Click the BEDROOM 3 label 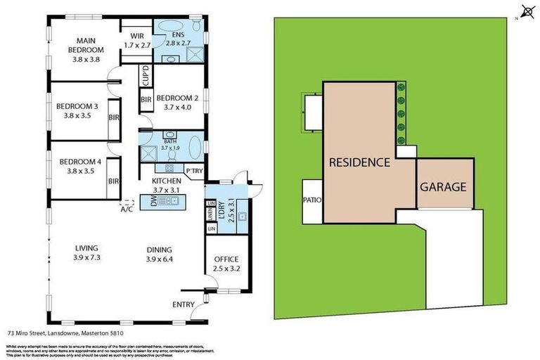point(77,111)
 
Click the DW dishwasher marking point(154,202)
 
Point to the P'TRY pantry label point(193,171)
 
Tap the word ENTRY point(184,304)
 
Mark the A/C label point(127,209)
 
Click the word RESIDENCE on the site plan point(359,162)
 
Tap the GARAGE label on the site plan point(443,188)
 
